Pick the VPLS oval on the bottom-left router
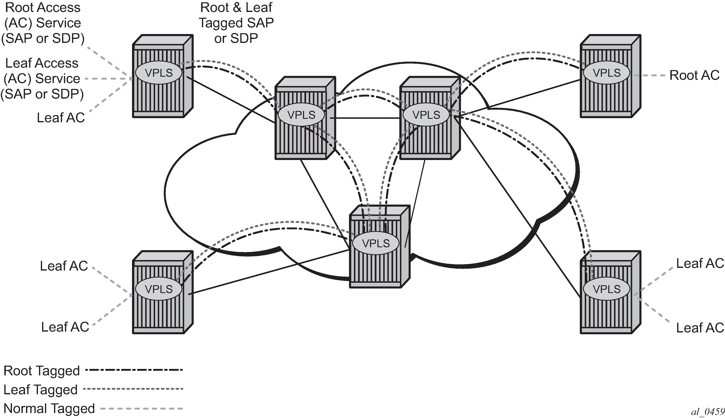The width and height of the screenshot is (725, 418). click(x=159, y=289)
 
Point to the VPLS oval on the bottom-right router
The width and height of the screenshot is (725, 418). click(x=606, y=289)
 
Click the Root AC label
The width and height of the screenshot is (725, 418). click(x=694, y=75)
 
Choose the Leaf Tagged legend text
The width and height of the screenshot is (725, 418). click(x=40, y=390)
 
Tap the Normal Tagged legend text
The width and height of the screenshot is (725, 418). click(x=49, y=408)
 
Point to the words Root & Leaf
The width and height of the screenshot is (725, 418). click(x=236, y=7)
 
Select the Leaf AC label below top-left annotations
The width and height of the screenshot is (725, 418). click(x=61, y=117)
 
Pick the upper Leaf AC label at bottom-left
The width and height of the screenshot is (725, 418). click(x=64, y=266)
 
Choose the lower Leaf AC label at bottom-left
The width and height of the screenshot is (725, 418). click(x=65, y=327)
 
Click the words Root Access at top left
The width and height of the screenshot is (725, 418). click(x=43, y=7)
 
